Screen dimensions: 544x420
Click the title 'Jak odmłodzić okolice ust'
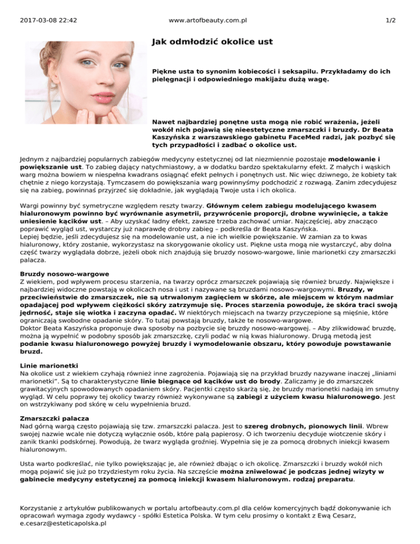(212, 42)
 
